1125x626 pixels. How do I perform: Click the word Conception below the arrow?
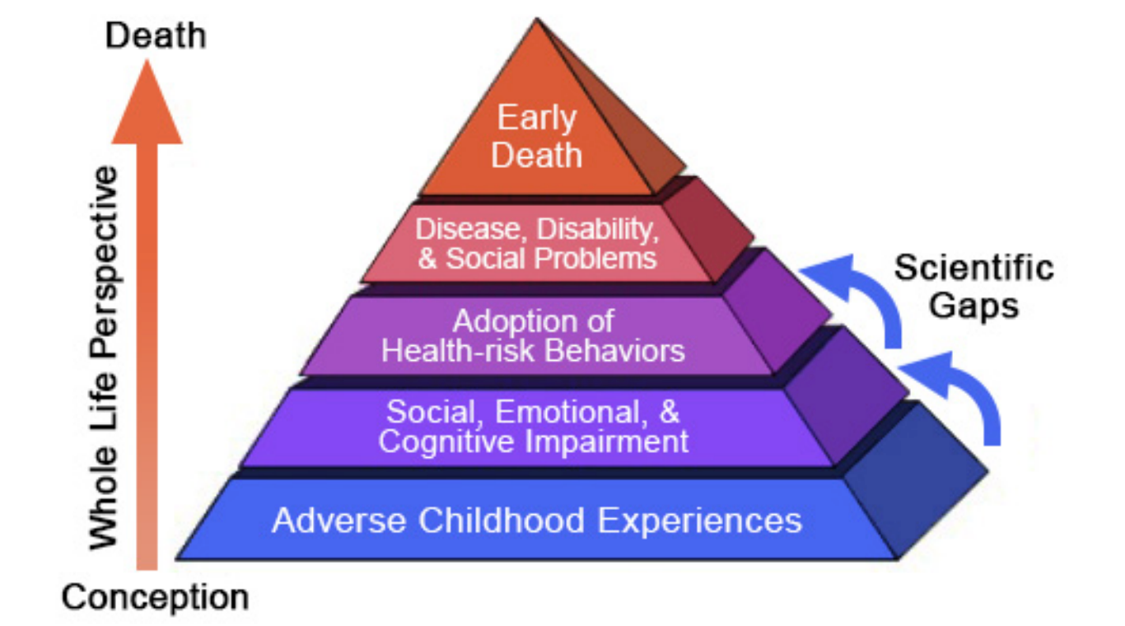tap(155, 598)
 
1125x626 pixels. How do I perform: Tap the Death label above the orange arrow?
tap(156, 36)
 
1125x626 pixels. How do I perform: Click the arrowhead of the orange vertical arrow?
tap(147, 102)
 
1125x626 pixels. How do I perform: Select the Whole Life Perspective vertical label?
tap(104, 357)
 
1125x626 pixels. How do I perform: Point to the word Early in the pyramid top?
tap(536, 119)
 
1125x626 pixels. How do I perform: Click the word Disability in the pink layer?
tap(597, 230)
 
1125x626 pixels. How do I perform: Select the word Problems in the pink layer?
tap(595, 259)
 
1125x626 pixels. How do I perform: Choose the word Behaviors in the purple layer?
tap(615, 350)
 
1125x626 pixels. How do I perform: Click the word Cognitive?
tap(447, 442)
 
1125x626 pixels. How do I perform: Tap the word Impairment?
tap(607, 442)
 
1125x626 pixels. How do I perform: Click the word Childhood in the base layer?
tap(502, 521)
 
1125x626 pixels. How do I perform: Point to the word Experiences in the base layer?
tap(699, 521)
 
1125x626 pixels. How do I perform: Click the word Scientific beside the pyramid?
tap(973, 267)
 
